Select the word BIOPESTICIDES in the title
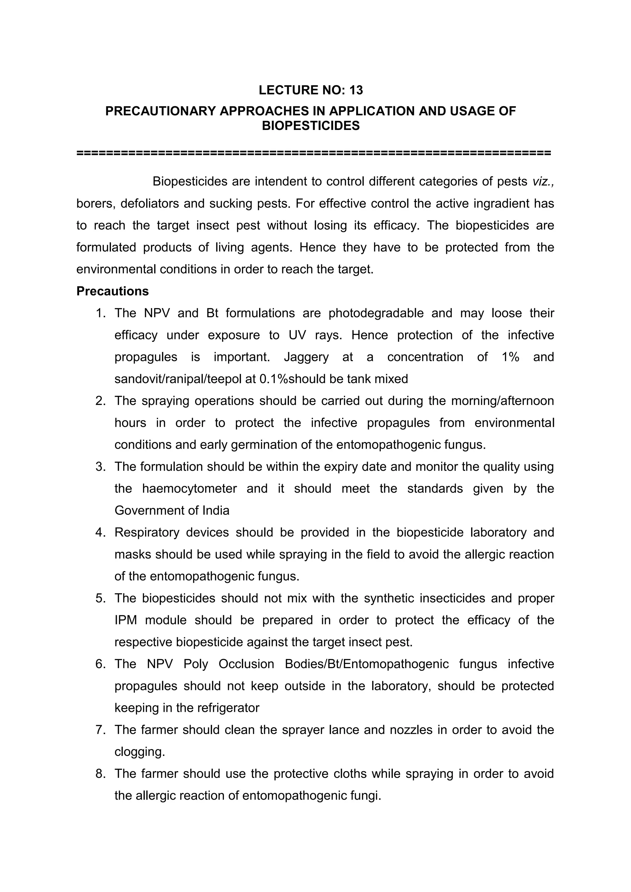coord(311,126)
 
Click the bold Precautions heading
coord(112,291)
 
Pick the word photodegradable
coord(376,313)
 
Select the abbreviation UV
coord(297,335)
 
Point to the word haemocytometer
coord(189,488)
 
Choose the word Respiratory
coord(147,532)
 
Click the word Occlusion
coord(246,664)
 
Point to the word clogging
coord(140,752)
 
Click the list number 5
coord(100,598)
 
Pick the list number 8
coord(100,774)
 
